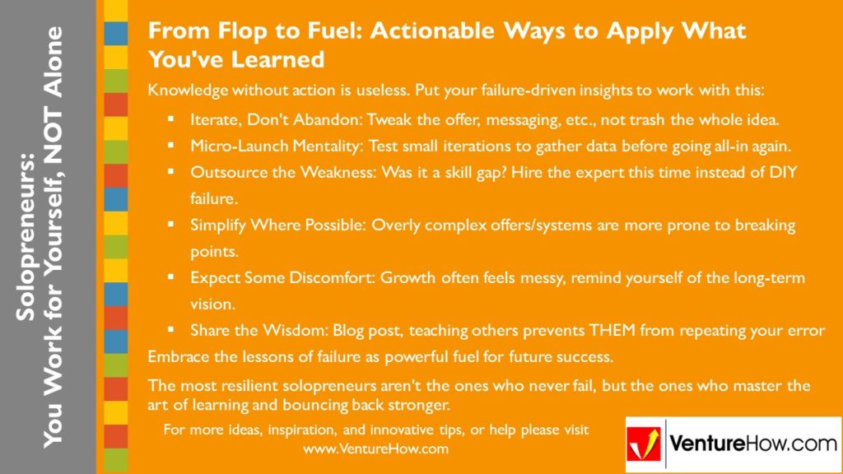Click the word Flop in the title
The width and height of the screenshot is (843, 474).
[x=228, y=31]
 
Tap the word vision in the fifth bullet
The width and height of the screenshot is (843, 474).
[x=212, y=304]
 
